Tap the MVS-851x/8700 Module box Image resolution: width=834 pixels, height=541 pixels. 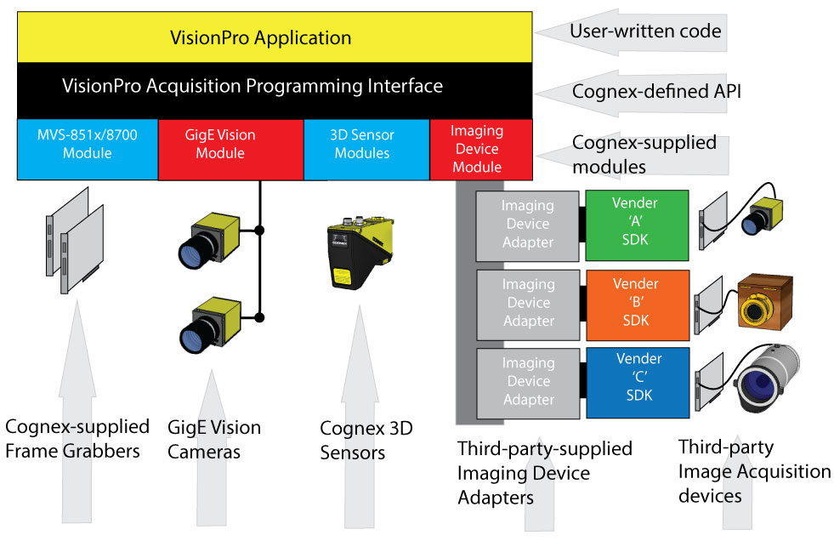pyautogui.click(x=87, y=145)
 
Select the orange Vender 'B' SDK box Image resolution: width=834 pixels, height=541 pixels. pyautogui.click(x=635, y=302)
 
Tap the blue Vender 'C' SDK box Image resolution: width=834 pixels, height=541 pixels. pyautogui.click(x=635, y=381)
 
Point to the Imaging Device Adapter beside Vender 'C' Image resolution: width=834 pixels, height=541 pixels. pyautogui.click(x=527, y=381)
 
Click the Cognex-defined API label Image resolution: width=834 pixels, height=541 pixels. pyautogui.click(x=655, y=91)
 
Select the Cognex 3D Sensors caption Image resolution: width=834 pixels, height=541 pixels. pyautogui.click(x=366, y=440)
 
